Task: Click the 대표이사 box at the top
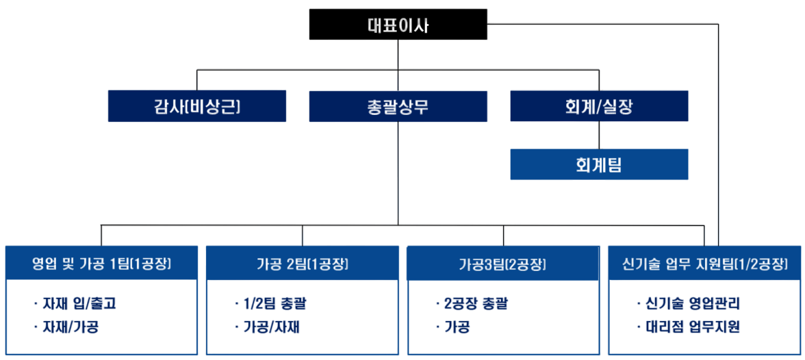pos(398,25)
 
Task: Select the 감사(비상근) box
pos(197,106)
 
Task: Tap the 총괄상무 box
pos(398,106)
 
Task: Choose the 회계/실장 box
pos(599,106)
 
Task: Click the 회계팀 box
pos(599,164)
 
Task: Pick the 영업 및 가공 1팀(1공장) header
pos(101,263)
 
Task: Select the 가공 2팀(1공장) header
pos(303,263)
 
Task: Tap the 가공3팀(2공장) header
pos(503,263)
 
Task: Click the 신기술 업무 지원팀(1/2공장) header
pos(704,263)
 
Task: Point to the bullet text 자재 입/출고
pos(79,303)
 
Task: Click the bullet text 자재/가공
pos(71,327)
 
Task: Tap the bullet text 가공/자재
pos(272,327)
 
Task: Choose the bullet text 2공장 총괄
pos(476,303)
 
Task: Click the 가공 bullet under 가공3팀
pos(457,327)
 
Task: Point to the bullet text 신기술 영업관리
pos(692,303)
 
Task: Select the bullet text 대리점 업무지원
pos(692,327)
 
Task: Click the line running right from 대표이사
pos(602,25)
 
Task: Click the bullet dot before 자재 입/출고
pos(35,303)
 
